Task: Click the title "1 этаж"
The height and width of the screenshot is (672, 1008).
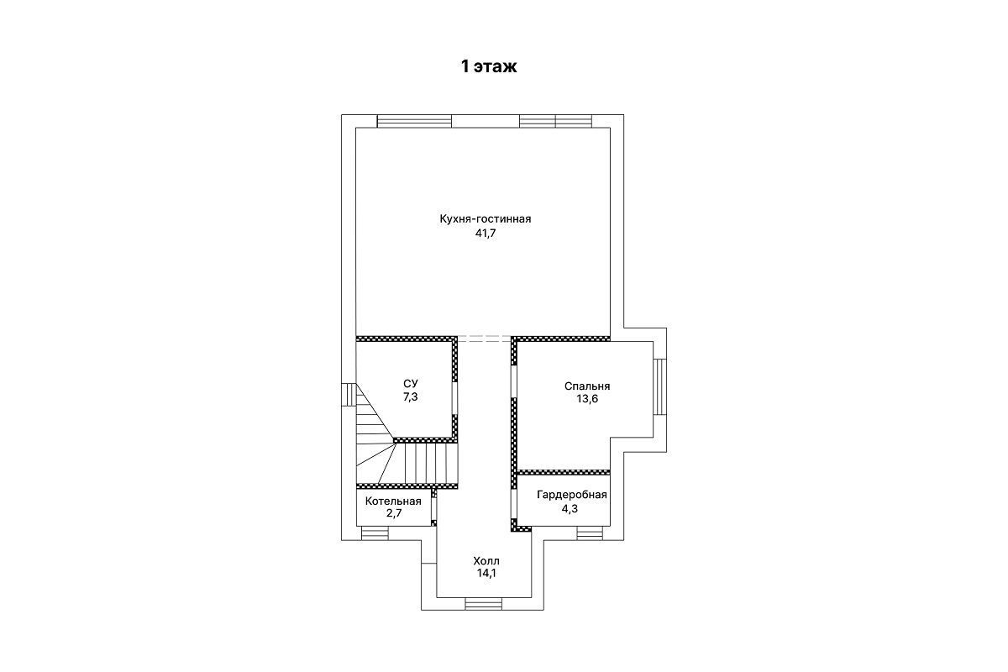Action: coord(489,66)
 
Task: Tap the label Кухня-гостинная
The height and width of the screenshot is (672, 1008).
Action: coord(486,219)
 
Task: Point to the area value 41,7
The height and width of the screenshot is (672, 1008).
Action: coord(486,234)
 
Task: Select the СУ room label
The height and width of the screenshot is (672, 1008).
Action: coord(411,384)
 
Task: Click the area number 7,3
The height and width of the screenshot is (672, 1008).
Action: coord(411,397)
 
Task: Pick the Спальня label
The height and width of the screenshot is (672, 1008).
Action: coord(587,386)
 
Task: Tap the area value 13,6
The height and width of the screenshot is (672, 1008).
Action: coord(587,399)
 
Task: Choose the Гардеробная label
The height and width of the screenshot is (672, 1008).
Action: coord(572,495)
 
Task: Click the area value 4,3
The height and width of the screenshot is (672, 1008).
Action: coord(570,509)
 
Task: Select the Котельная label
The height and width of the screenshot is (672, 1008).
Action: coord(393,501)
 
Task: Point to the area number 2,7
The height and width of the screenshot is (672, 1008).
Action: coord(394,513)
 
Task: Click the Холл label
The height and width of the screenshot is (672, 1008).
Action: coord(486,561)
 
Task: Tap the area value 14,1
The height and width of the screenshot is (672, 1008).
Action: coord(486,574)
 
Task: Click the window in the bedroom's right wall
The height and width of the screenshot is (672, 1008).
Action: coord(659,386)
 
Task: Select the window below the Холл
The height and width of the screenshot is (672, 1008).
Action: coord(483,604)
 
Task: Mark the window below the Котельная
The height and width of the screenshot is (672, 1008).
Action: coord(375,533)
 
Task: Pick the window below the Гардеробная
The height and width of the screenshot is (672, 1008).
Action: coord(590,533)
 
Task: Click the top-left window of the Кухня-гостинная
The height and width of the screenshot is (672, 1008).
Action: coord(414,121)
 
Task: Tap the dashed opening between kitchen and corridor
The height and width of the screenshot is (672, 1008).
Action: coord(484,339)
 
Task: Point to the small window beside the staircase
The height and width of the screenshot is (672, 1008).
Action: coord(349,395)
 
